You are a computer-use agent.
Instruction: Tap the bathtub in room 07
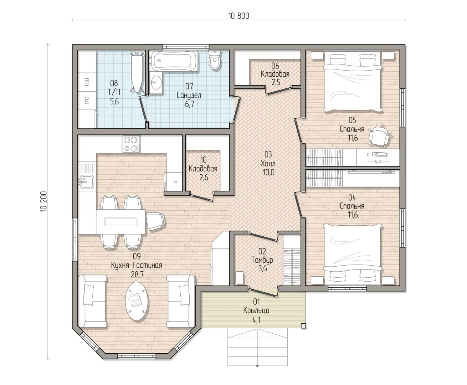(174, 61)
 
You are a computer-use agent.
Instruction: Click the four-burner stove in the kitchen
(131, 144)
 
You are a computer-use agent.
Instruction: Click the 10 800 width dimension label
(238, 16)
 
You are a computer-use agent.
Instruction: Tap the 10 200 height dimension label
(43, 201)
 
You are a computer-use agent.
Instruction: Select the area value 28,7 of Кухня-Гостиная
(137, 274)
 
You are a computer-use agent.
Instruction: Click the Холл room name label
(268, 164)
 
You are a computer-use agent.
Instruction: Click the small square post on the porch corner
(303, 326)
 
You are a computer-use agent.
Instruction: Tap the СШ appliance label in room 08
(87, 82)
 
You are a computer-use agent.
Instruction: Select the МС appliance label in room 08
(87, 101)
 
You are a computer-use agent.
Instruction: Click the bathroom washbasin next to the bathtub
(156, 83)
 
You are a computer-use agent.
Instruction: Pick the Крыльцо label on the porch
(256, 310)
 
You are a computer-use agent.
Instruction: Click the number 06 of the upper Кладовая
(275, 66)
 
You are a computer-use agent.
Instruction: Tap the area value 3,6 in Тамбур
(263, 268)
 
